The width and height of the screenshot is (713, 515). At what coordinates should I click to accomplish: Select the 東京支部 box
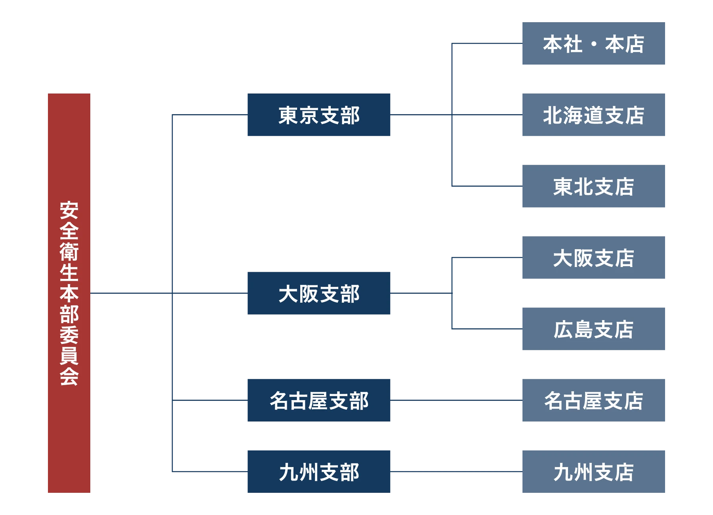[x=320, y=114]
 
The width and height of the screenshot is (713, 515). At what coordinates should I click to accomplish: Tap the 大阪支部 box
[x=320, y=293]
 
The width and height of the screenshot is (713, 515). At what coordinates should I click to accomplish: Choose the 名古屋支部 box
[x=320, y=399]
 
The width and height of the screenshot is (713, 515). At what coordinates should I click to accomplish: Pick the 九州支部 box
[x=320, y=472]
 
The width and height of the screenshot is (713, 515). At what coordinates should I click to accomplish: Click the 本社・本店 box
[x=592, y=44]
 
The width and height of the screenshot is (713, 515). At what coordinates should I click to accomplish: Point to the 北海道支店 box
[x=592, y=114]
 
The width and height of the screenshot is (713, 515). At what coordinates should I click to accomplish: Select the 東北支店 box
[x=592, y=187]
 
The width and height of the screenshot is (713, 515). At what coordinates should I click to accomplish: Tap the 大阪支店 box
[x=592, y=257]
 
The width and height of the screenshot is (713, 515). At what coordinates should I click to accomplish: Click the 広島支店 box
[x=592, y=329]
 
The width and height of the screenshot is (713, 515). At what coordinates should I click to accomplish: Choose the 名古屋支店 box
[x=592, y=399]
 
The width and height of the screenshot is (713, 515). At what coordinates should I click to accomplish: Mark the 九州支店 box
[x=592, y=472]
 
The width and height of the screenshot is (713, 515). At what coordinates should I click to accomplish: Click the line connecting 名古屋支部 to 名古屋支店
[x=456, y=401]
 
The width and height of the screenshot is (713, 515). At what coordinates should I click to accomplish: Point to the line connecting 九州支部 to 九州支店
[x=456, y=471]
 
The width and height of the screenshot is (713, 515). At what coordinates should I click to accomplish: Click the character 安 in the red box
[x=69, y=210]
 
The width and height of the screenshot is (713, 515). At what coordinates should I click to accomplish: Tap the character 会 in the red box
[x=69, y=377]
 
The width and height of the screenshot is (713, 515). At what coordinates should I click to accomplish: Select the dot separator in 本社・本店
[x=594, y=44]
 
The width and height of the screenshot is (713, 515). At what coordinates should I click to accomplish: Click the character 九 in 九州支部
[x=289, y=472]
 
